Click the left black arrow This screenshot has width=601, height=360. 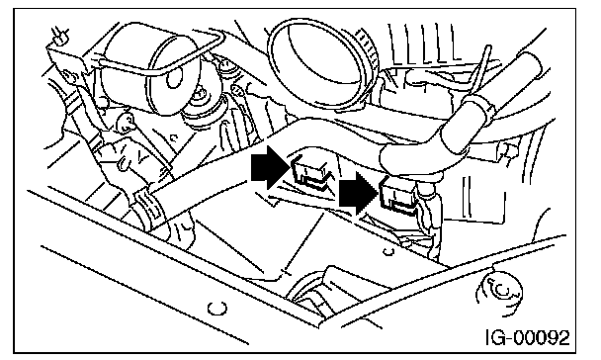[x=269, y=167]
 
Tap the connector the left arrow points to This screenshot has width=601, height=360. [x=310, y=173]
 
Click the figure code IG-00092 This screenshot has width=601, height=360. [x=528, y=338]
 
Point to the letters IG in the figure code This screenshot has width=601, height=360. [x=495, y=338]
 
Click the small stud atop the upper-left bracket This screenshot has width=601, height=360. [x=60, y=35]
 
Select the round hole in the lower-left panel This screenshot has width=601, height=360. [x=216, y=308]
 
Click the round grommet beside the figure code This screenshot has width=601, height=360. [x=498, y=292]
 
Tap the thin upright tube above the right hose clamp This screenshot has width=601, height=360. [x=485, y=70]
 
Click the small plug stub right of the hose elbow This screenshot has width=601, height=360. [x=507, y=149]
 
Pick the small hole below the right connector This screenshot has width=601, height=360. [x=388, y=252]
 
